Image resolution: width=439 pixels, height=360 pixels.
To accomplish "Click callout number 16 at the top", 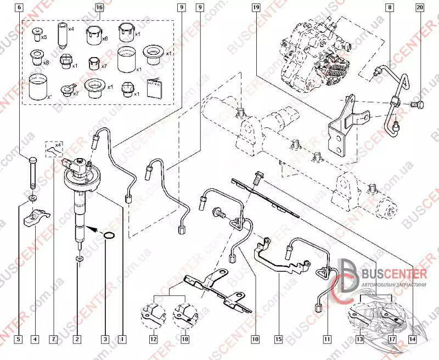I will pos(99,8).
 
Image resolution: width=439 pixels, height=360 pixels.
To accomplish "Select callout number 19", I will pos(256,8).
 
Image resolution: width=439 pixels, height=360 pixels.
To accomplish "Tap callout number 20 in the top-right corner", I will pos(420,8).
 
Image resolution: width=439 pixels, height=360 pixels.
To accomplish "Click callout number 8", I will pos(389,8).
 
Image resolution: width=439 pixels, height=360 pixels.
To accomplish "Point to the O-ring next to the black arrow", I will pos(110,237).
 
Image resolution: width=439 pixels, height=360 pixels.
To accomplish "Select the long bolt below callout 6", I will pos(31,173).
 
